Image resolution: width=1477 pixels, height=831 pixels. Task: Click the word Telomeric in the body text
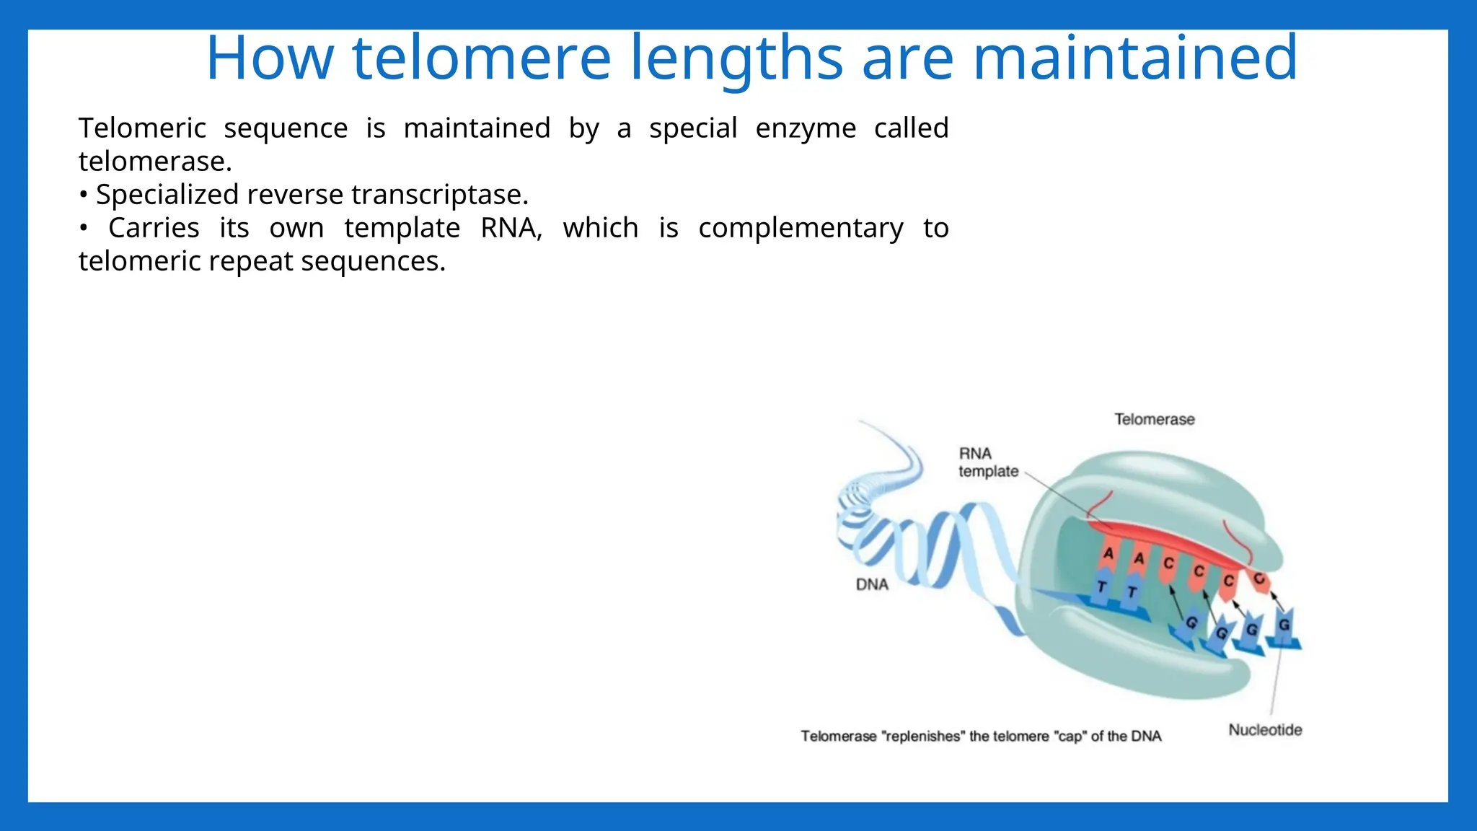click(x=142, y=128)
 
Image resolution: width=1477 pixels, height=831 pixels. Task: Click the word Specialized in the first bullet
click(x=167, y=195)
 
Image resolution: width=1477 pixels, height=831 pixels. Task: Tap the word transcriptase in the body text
click(x=440, y=195)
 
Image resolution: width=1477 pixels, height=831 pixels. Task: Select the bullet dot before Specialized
click(x=84, y=195)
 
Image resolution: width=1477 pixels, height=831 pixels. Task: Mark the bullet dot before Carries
click(x=84, y=229)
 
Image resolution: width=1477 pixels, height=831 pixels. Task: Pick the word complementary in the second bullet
click(x=801, y=229)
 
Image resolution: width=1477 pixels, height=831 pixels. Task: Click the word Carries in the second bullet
click(x=154, y=228)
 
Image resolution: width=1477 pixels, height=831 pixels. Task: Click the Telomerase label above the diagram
click(x=1154, y=419)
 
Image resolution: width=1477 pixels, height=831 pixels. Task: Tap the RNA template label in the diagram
click(x=988, y=462)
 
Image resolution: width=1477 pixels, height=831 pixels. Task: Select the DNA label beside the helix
click(x=872, y=584)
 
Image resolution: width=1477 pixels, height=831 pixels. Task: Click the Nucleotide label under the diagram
click(x=1265, y=730)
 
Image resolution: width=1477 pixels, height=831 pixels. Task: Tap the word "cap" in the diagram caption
click(x=1070, y=737)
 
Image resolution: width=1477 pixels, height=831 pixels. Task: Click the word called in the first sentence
click(x=911, y=128)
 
